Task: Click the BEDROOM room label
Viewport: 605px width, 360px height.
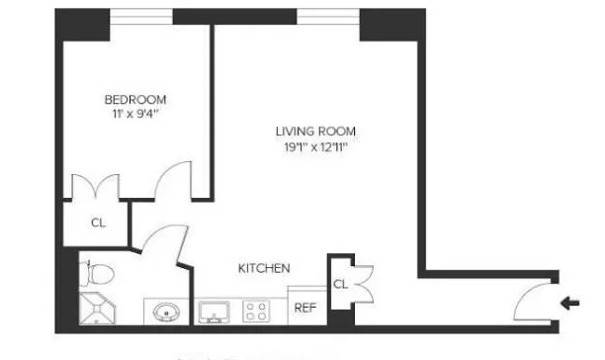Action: tap(135, 99)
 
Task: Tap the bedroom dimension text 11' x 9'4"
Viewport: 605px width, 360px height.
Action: tap(135, 115)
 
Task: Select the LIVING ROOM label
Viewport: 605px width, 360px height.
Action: tap(316, 132)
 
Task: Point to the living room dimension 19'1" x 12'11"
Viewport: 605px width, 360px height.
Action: tap(316, 147)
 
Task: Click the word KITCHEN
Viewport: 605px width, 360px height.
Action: tap(264, 268)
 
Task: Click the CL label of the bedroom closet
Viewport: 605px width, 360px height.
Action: tap(98, 223)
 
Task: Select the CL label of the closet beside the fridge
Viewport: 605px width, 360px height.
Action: tap(339, 284)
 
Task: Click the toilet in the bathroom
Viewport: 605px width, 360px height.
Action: tap(91, 271)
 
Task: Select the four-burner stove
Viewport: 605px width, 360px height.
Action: tap(256, 312)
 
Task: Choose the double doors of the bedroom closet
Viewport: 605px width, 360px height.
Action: tap(99, 188)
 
